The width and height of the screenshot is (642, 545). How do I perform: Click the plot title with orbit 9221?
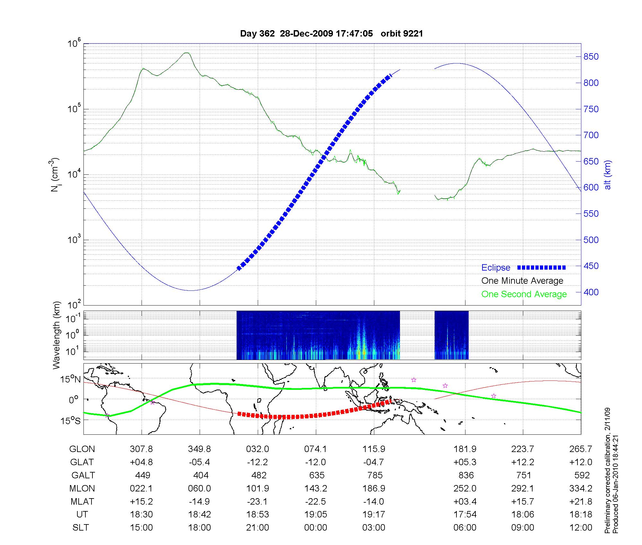[331, 34]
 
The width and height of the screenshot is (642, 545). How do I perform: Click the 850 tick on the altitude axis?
[591, 57]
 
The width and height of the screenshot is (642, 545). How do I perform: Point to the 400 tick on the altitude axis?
[591, 292]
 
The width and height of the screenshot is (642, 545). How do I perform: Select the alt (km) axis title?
[608, 175]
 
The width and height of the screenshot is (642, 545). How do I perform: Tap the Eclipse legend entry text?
[496, 268]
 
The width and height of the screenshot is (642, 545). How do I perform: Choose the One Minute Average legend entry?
[522, 281]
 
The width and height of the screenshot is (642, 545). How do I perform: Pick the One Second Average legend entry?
[524, 294]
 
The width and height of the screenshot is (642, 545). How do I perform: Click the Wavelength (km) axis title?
[57, 335]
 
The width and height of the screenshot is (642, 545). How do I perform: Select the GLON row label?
[82, 449]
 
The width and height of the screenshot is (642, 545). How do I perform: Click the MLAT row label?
[82, 501]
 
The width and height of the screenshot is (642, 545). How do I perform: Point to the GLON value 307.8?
[141, 449]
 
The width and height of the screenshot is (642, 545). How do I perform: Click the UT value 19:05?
[316, 515]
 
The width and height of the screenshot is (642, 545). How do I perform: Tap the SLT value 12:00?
[581, 528]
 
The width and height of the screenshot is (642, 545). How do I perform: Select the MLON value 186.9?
[374, 488]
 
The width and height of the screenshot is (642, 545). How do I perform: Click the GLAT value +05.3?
[465, 462]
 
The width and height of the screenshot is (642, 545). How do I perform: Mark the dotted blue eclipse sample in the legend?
[542, 267]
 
